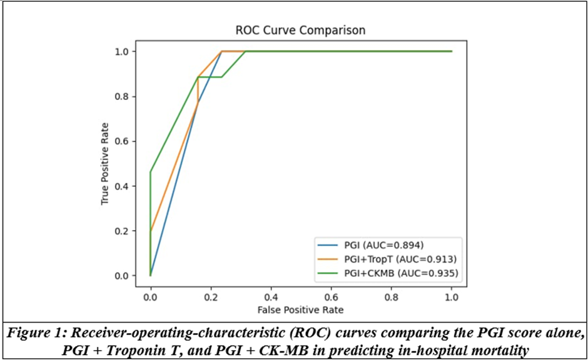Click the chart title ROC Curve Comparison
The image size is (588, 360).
pos(300,30)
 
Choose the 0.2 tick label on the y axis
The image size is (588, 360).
pos(122,231)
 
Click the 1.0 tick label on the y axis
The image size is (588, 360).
pos(122,51)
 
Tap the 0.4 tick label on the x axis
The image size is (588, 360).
pos(271,297)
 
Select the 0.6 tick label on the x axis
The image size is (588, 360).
pos(331,297)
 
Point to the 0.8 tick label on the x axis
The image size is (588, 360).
pos(392,297)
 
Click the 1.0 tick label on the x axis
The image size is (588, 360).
pos(452,297)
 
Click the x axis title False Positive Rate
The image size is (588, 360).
pos(300,310)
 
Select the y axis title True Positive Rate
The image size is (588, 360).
pos(104,164)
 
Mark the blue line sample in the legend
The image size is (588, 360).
pos(328,246)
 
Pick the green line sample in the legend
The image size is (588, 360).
pos(328,274)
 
